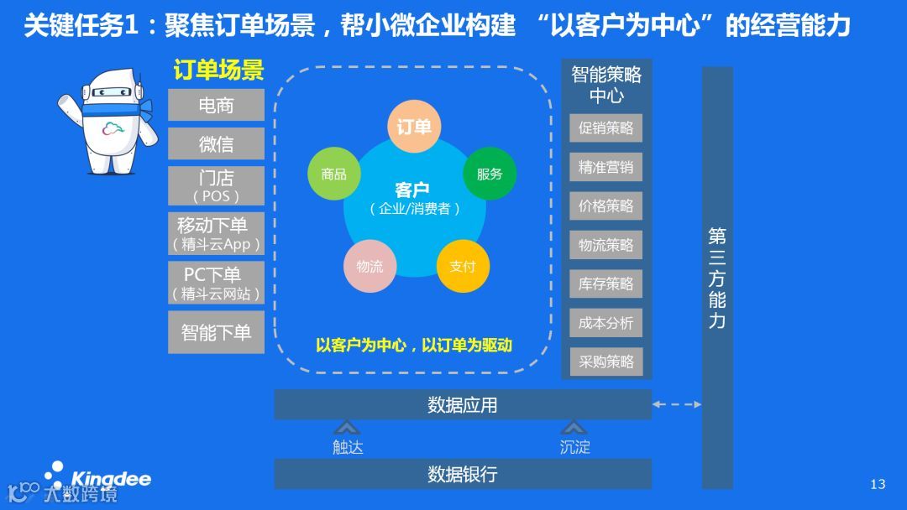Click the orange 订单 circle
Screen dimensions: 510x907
[x=414, y=127]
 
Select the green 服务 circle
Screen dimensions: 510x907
[x=490, y=174]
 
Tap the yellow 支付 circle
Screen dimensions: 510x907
[x=462, y=266]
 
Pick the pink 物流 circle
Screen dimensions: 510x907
[x=370, y=266]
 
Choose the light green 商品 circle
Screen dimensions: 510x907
[x=333, y=174]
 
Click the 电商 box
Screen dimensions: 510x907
[x=216, y=106]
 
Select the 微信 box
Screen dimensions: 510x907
[x=216, y=144]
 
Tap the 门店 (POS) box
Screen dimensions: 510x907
[x=216, y=185]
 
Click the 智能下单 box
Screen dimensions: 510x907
[x=216, y=332]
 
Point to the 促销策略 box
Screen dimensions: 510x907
[x=606, y=128]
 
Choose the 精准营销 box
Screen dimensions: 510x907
[x=606, y=167]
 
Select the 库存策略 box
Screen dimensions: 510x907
[x=606, y=284]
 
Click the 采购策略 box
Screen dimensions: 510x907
[x=606, y=362]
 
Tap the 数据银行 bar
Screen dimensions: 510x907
[x=462, y=474]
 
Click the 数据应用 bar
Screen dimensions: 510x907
[x=462, y=405]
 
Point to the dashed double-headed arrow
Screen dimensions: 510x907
[x=677, y=405]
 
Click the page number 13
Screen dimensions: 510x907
[x=878, y=484]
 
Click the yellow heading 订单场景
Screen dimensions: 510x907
[x=218, y=70]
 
